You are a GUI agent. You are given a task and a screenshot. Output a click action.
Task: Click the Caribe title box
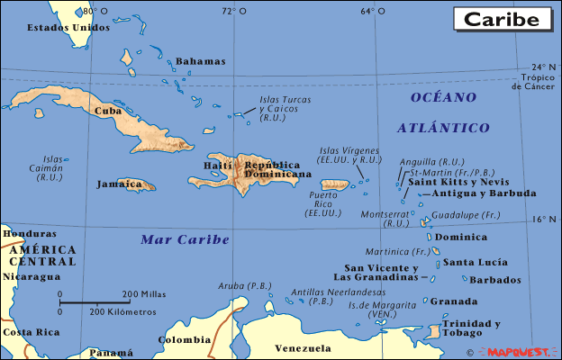click(503, 18)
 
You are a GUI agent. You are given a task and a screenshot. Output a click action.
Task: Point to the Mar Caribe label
click(185, 239)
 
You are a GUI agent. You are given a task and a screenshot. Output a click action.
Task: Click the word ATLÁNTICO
click(448, 128)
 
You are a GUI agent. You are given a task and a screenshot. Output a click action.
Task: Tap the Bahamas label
click(200, 61)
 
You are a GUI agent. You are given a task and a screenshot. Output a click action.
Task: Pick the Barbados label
click(495, 280)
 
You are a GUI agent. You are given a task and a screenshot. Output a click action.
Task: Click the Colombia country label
click(185, 340)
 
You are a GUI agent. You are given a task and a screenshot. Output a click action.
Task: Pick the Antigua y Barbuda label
click(484, 193)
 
